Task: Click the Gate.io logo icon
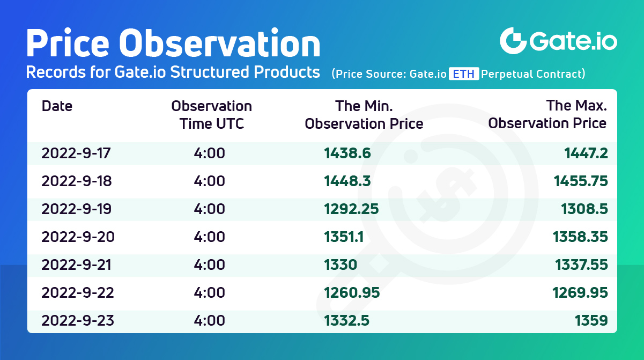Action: tap(513, 41)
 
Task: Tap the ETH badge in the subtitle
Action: tap(464, 74)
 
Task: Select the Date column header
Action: tap(57, 106)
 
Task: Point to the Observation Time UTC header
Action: tap(212, 115)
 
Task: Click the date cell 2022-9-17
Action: tap(76, 153)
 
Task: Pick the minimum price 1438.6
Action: tap(347, 153)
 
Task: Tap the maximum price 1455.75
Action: tap(581, 181)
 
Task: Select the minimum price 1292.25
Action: tap(351, 209)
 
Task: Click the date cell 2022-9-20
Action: tap(78, 237)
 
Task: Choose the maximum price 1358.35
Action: tap(580, 237)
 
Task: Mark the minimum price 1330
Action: tap(340, 265)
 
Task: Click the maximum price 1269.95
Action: tap(580, 292)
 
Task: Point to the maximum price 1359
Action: tap(591, 320)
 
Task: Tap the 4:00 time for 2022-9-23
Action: tap(209, 320)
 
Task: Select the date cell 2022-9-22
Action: tap(78, 292)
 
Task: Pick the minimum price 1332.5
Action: tap(347, 320)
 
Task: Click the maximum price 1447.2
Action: tap(586, 153)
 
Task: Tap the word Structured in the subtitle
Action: tap(210, 72)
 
